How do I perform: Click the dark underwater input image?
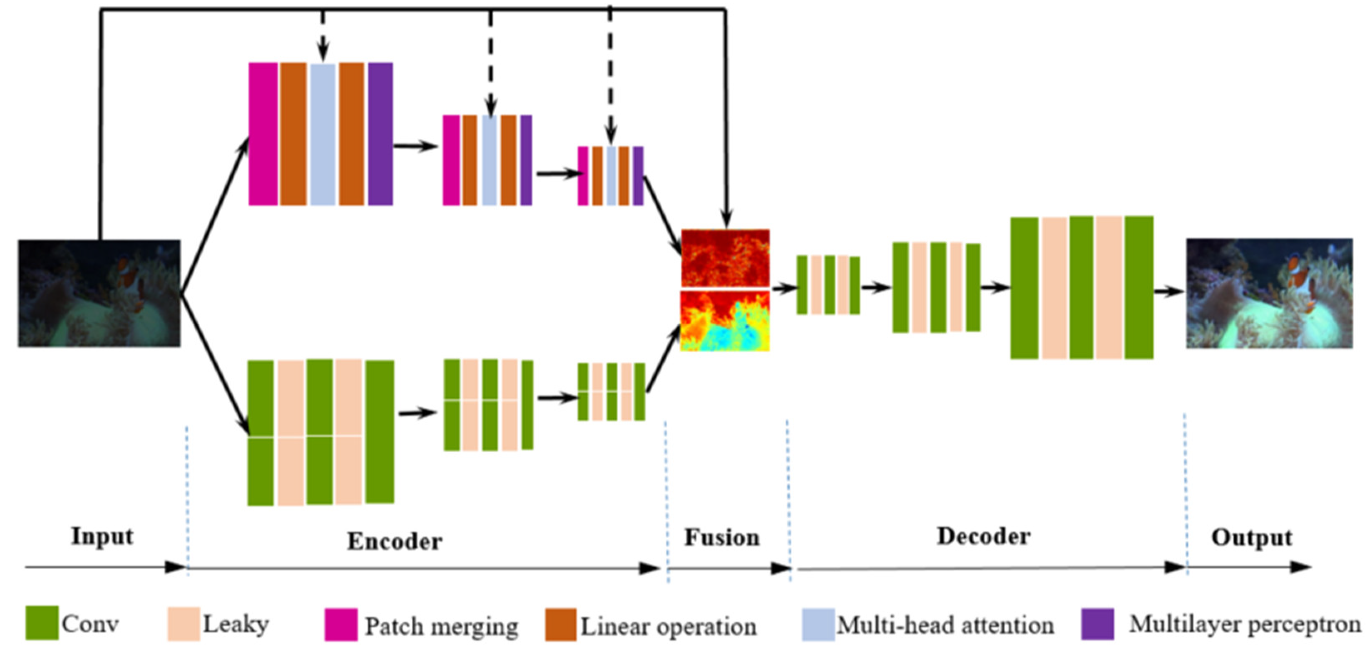click(x=99, y=293)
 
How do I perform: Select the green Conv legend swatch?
click(x=42, y=623)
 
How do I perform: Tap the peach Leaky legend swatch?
click(x=184, y=624)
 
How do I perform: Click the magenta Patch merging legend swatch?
click(x=341, y=625)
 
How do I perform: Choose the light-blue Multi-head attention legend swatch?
click(x=818, y=625)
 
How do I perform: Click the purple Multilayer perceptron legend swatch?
click(x=1098, y=624)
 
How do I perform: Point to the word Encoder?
click(x=395, y=541)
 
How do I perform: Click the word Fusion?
click(x=722, y=537)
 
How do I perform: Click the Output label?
click(x=1252, y=537)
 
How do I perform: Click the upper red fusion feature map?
click(x=725, y=258)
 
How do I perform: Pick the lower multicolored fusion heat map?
click(x=725, y=321)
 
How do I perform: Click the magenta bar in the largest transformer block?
click(x=263, y=134)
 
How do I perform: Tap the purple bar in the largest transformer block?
click(x=380, y=134)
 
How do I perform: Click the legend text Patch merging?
click(x=441, y=626)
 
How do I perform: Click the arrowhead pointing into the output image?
click(x=1176, y=291)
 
